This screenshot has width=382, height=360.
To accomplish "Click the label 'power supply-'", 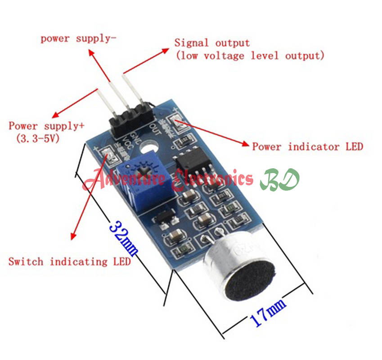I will point(78,38).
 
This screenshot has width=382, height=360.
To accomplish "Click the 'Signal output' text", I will point(212,43).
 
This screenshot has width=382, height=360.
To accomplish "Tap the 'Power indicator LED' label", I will point(307,147).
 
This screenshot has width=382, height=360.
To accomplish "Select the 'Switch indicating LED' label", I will point(70,261).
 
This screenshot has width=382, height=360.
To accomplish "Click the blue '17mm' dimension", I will point(267,314).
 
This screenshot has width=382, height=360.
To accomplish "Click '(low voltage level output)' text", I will point(250,56).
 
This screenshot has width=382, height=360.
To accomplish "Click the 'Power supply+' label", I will point(46,126).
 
